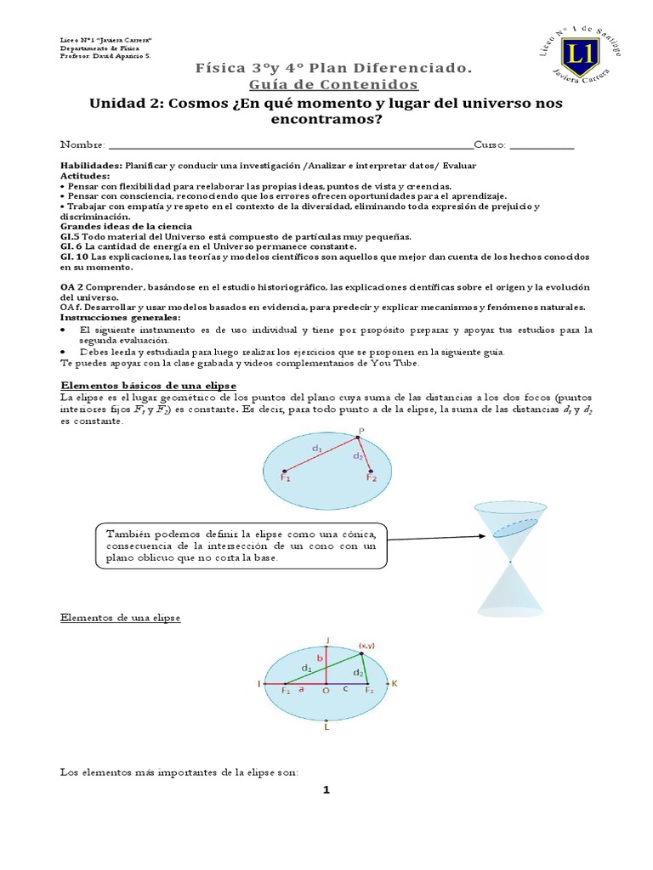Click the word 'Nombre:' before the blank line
coord(82,144)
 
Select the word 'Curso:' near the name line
coord(490,144)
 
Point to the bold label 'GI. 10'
coord(74,256)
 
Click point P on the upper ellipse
coord(360,432)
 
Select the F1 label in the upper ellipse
coord(285,478)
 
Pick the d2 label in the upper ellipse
coord(359,456)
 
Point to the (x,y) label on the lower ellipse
coord(367,645)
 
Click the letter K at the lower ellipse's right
coord(395,683)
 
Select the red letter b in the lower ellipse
coord(321,658)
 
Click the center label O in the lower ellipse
coord(326,692)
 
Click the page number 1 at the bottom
coord(325,790)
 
